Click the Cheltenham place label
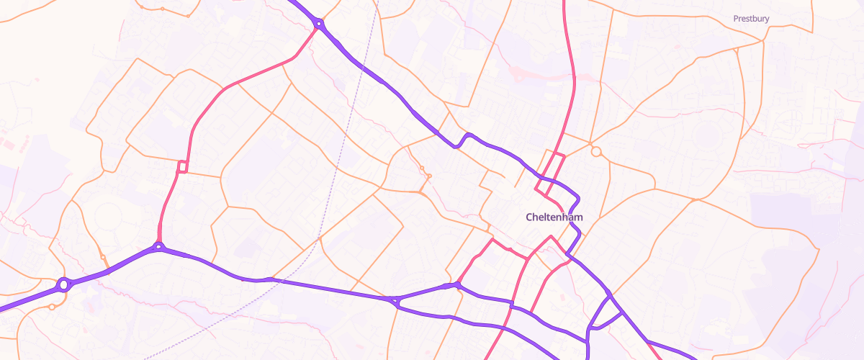[554, 217]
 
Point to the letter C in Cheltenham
[530, 217]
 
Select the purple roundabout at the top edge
[318, 24]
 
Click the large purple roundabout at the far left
[63, 285]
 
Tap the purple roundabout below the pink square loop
[158, 247]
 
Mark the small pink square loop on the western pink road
[182, 167]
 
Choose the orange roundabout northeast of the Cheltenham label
[595, 151]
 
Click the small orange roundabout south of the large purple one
[52, 307]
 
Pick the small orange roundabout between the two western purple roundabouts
[103, 257]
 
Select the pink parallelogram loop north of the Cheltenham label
[550, 174]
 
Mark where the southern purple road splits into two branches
[395, 301]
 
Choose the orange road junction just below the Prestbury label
[762, 41]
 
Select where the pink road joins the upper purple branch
[456, 286]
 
